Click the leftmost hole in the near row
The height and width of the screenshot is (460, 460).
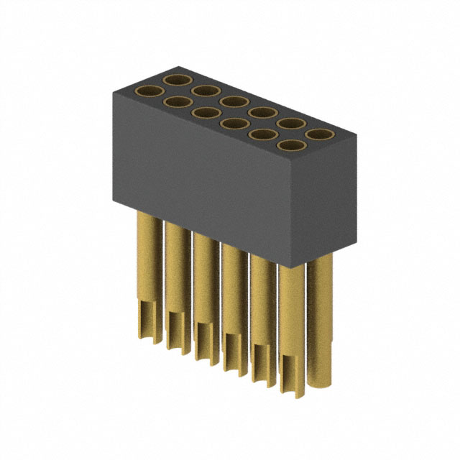tap(149, 91)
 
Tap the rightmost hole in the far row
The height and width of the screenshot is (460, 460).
tap(318, 134)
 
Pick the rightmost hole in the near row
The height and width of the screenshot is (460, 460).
tap(290, 146)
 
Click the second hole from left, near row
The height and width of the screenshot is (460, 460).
tap(178, 102)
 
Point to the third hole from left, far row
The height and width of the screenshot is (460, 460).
tap(233, 101)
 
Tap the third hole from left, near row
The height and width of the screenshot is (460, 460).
tap(206, 113)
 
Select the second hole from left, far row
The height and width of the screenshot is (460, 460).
tap(205, 89)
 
